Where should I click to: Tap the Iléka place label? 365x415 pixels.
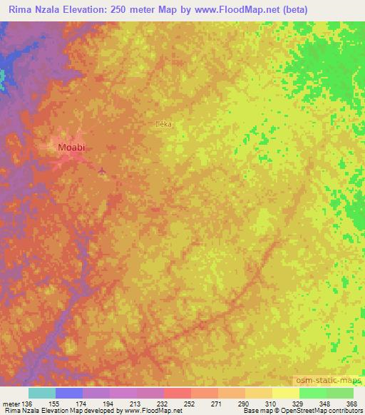165,124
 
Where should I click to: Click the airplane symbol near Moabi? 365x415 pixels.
102,170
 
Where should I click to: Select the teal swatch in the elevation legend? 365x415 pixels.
42,394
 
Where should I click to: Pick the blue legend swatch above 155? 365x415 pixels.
69,394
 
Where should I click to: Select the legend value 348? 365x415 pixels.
325,404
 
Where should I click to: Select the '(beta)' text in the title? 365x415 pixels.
341,9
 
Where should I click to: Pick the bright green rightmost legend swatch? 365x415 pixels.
340,394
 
